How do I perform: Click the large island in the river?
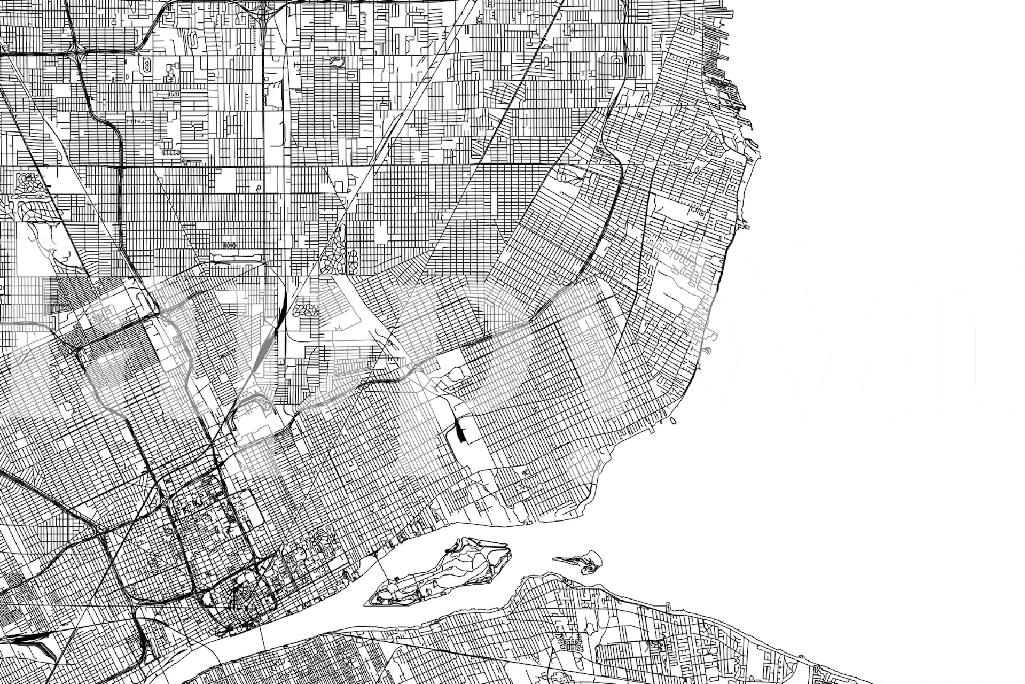pos(443,572)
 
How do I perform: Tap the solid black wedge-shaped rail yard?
pos(459,431)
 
